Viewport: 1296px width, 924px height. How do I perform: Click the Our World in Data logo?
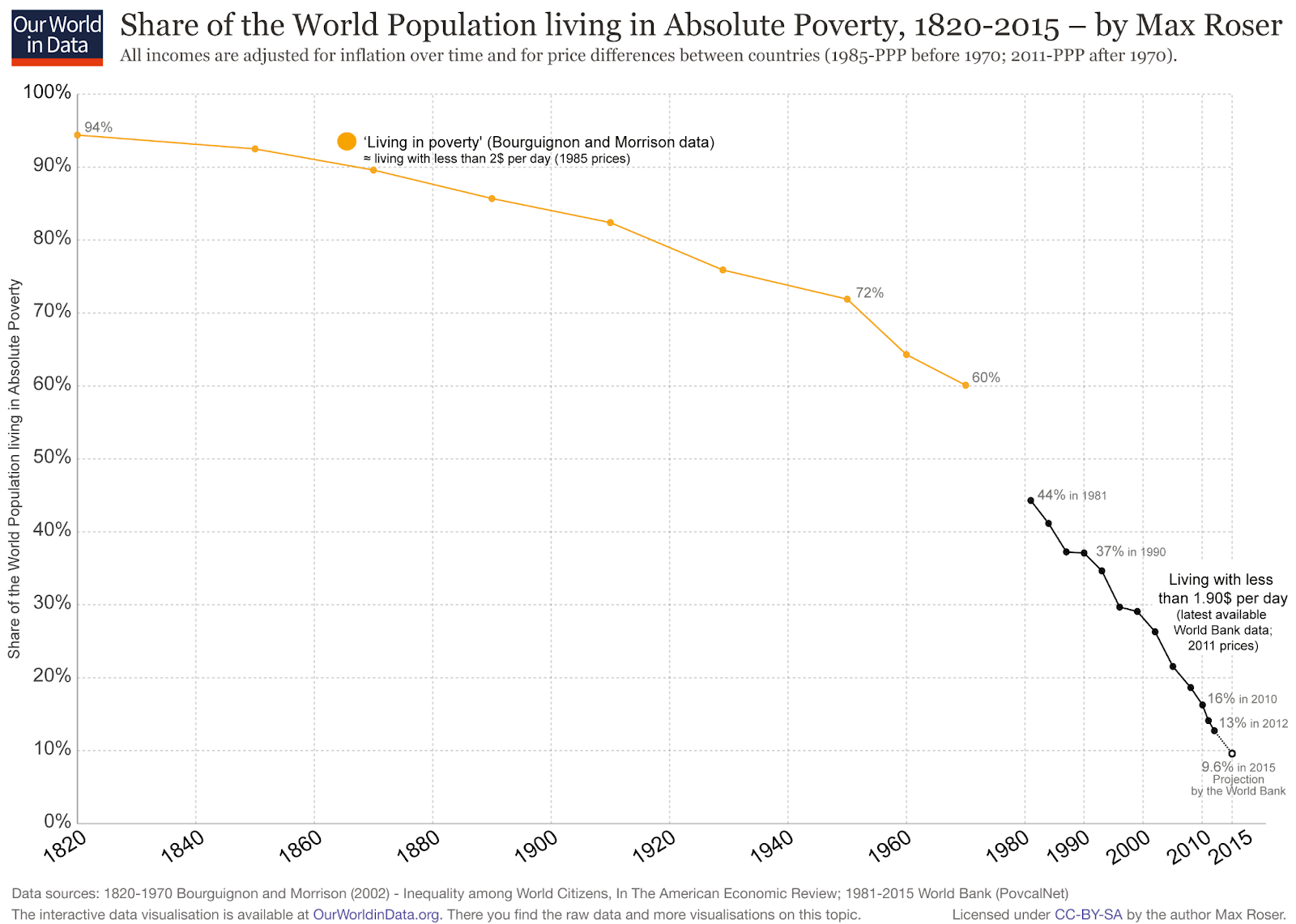point(58,37)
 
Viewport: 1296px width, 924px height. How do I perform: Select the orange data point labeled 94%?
point(77,135)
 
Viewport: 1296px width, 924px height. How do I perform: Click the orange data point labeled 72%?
point(847,299)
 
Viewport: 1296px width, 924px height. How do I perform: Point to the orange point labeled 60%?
point(966,385)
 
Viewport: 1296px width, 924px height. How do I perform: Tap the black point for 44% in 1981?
point(1030,500)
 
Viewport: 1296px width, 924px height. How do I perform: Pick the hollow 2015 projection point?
point(1232,753)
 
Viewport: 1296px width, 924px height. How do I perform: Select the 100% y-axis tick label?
point(48,92)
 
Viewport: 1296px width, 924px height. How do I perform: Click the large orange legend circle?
point(347,142)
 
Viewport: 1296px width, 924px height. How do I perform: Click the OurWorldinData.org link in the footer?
point(377,914)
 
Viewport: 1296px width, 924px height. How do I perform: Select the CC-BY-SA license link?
point(1088,914)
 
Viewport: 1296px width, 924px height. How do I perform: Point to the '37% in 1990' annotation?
point(1130,551)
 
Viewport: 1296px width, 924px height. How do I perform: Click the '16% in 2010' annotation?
point(1242,699)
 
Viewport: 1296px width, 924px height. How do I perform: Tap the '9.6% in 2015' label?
point(1238,767)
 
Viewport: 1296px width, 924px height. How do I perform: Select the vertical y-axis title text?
point(15,469)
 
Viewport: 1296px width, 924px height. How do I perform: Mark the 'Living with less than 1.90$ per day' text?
point(1222,589)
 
